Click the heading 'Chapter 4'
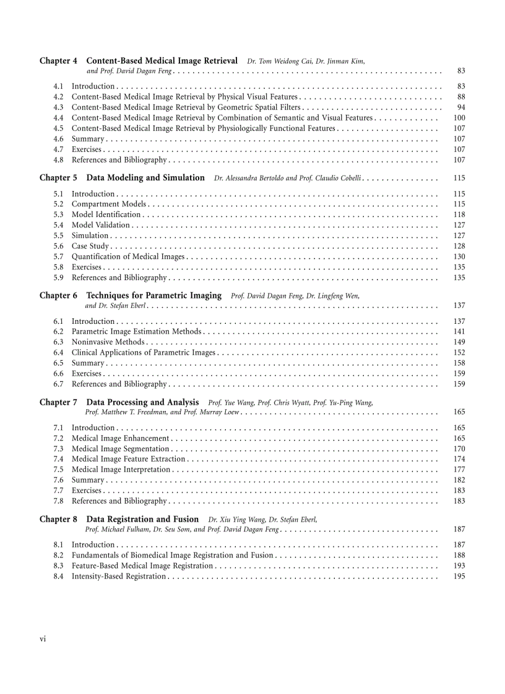(x=58, y=61)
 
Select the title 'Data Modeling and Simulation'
(x=145, y=178)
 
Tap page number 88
(x=461, y=97)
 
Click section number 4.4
(x=58, y=118)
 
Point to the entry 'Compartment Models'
(x=109, y=204)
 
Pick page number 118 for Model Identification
(x=459, y=214)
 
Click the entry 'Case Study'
(x=90, y=246)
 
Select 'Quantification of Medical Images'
(x=128, y=256)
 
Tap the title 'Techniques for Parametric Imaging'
(x=153, y=295)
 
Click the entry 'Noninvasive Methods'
(x=108, y=342)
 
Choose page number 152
(x=459, y=352)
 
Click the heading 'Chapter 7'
(x=58, y=402)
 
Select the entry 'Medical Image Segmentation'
(x=121, y=449)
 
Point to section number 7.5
(x=58, y=470)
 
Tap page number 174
(x=459, y=459)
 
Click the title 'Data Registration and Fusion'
(x=142, y=519)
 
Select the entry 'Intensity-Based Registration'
(x=119, y=576)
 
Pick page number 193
(x=459, y=565)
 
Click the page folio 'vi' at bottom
(x=43, y=639)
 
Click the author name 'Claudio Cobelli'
(x=340, y=178)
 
